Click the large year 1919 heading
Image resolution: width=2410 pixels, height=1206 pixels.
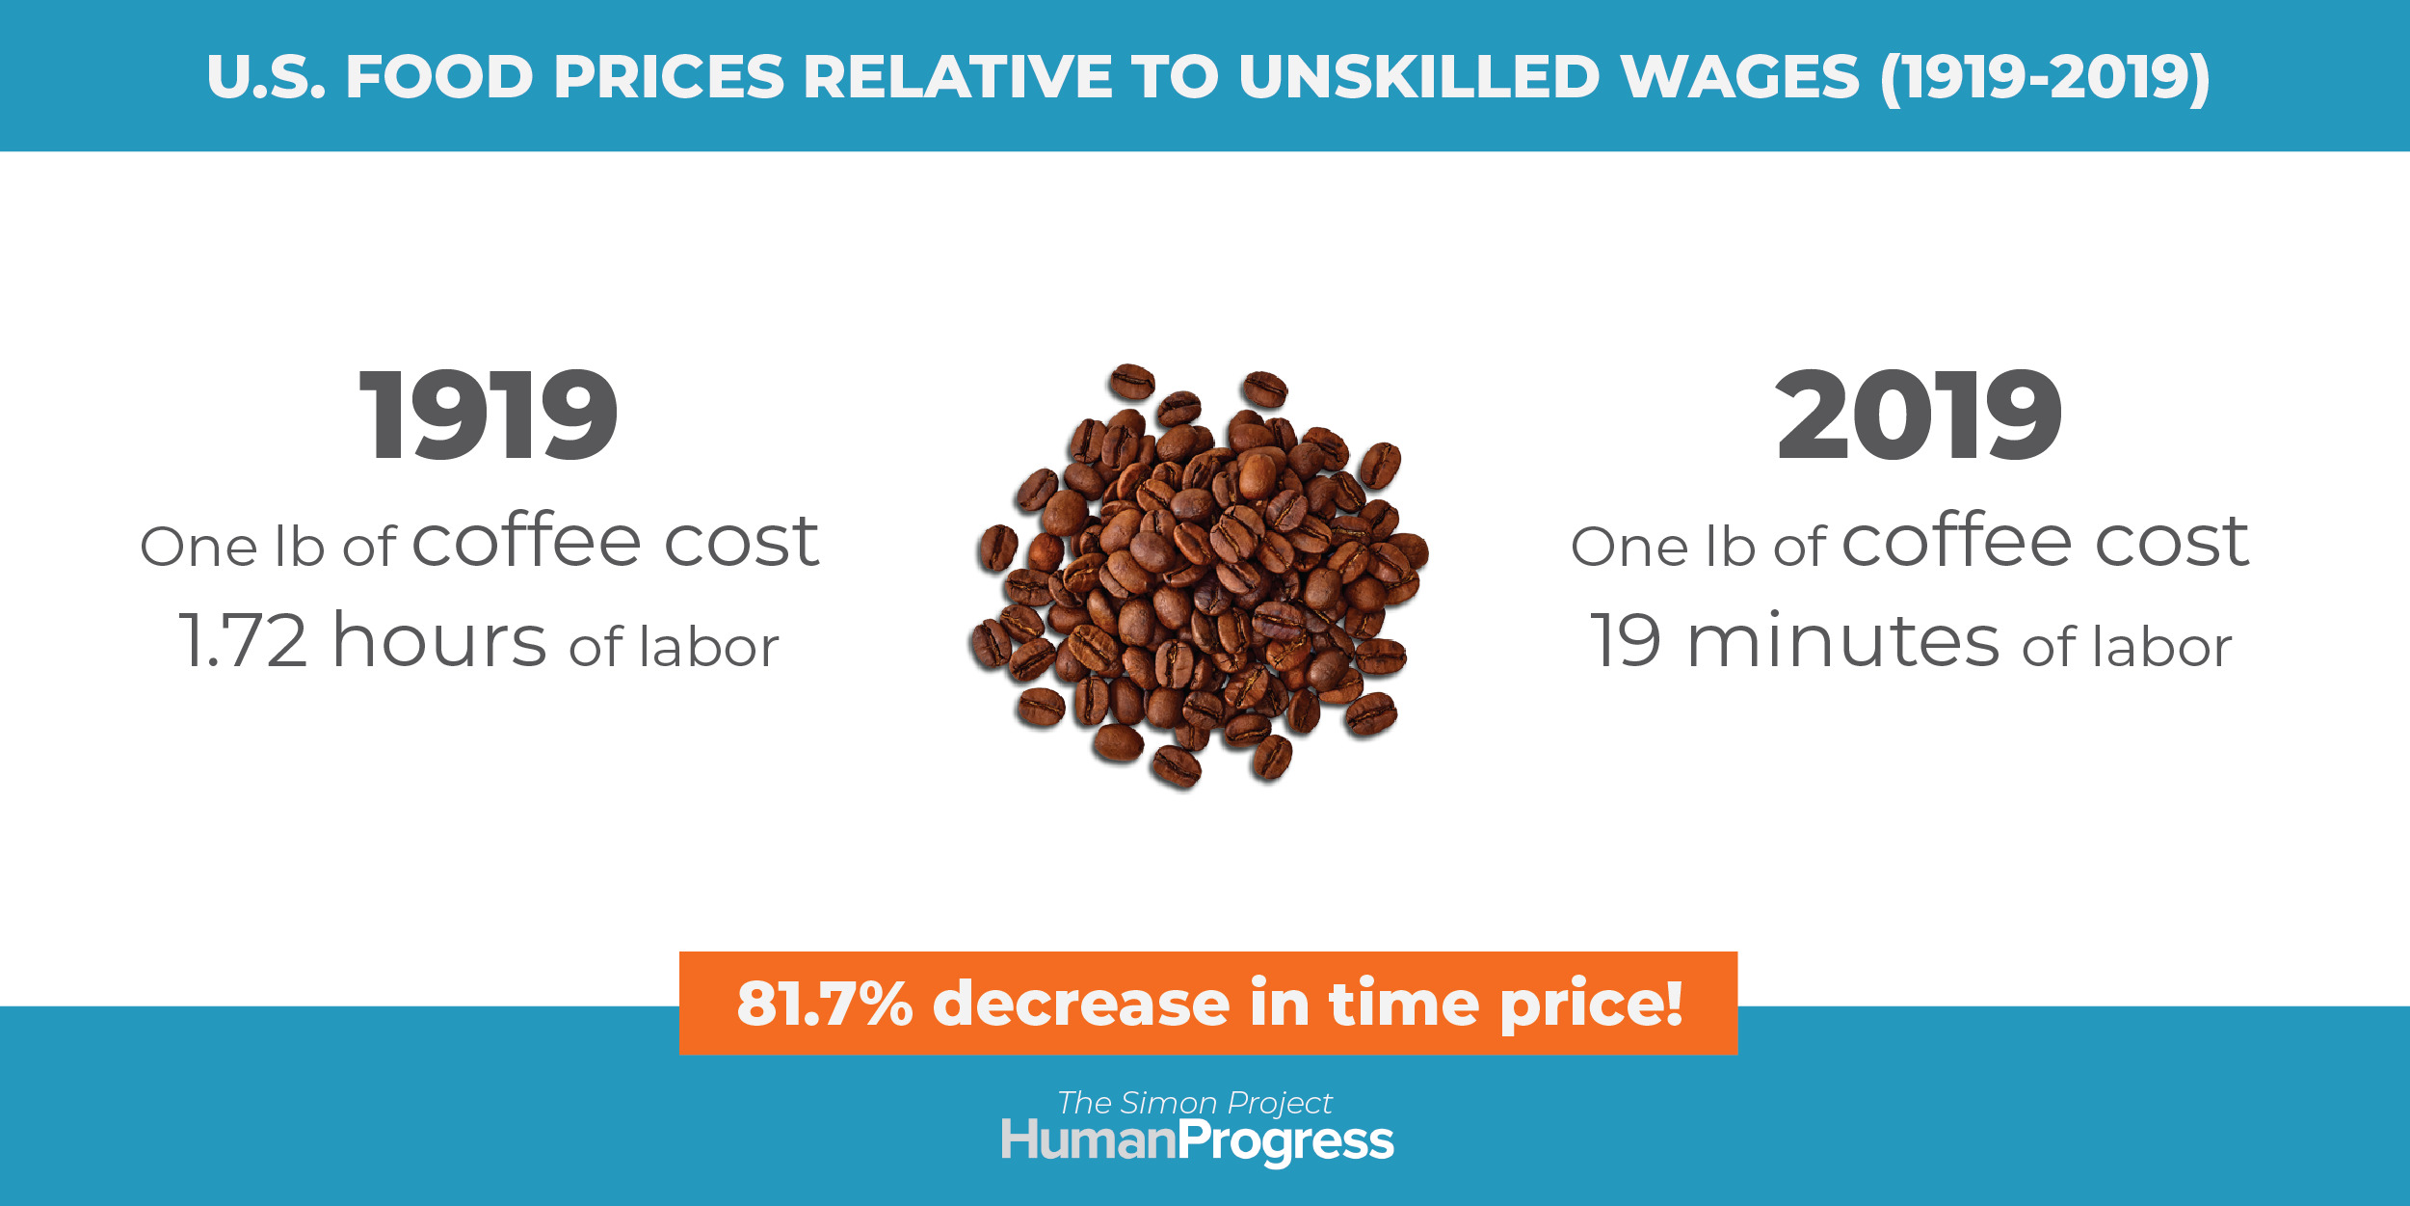(489, 415)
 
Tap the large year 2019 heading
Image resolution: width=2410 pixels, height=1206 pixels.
(1919, 415)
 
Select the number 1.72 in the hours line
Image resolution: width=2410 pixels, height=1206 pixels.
(244, 640)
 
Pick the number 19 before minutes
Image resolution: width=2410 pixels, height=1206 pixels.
(1626, 640)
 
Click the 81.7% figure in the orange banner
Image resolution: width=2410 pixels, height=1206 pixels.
(825, 1004)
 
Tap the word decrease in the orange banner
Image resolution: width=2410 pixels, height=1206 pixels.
(1081, 1004)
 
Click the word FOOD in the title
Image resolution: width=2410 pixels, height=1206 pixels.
(439, 77)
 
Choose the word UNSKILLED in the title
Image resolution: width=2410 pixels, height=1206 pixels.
(1418, 77)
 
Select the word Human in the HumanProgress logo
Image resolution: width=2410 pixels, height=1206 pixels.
(1089, 1139)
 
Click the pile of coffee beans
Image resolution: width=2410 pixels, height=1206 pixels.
(1199, 576)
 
